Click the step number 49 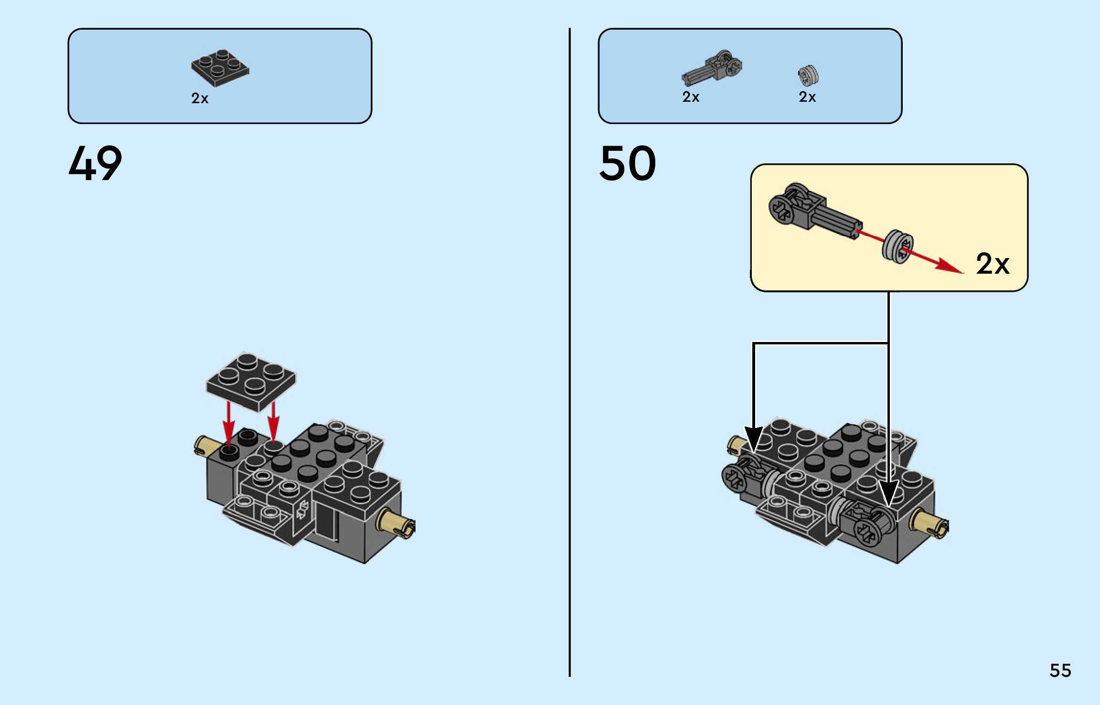coord(95,163)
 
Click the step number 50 coord(627,163)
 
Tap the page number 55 coord(1060,670)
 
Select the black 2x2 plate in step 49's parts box coord(220,68)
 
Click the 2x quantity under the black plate coord(200,98)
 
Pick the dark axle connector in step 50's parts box coord(712,68)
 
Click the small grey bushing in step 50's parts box coord(808,75)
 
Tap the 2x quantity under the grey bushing coord(807,97)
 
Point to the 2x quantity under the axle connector coord(691,97)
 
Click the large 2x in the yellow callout coord(993,264)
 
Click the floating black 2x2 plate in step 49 coord(251,381)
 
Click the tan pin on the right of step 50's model coord(929,524)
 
